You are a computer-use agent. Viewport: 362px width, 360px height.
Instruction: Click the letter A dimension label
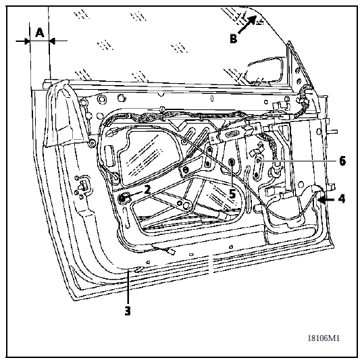[x=40, y=32]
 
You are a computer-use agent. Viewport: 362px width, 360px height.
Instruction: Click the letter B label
[x=234, y=38]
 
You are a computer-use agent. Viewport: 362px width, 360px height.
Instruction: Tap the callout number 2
[x=147, y=190]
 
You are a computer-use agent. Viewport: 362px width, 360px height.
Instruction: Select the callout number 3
[x=128, y=311]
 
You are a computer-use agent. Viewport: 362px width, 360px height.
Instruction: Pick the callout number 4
[x=342, y=199]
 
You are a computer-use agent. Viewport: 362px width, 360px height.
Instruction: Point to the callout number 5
[x=232, y=194]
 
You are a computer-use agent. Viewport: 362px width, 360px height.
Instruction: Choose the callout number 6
[x=342, y=161]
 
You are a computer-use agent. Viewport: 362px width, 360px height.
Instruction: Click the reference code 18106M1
[x=324, y=338]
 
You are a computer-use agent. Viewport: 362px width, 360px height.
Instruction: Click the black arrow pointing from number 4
[x=326, y=199]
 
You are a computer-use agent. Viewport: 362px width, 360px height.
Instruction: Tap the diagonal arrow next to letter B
[x=247, y=24]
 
